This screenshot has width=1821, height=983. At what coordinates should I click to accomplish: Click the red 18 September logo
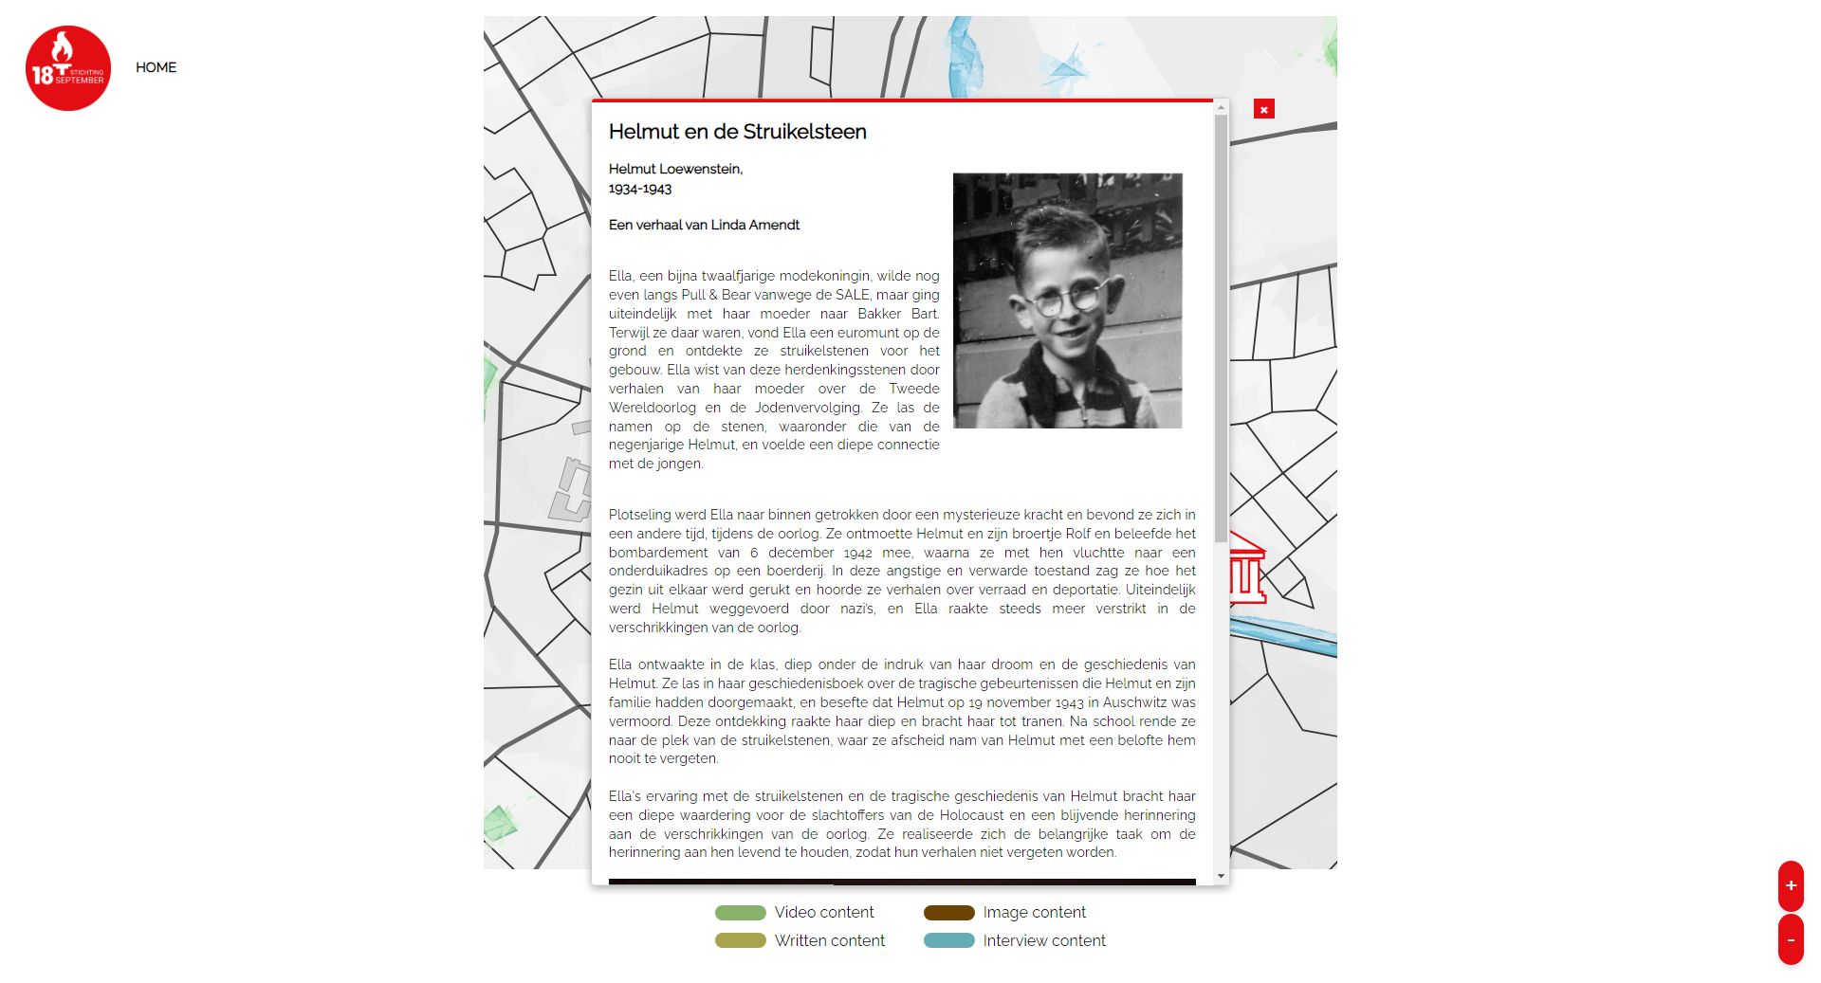click(x=68, y=68)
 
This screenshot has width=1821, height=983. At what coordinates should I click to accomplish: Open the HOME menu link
click(x=156, y=67)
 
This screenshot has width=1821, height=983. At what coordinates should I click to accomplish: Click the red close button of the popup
click(x=1263, y=109)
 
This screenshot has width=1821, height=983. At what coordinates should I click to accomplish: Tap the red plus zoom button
click(x=1790, y=885)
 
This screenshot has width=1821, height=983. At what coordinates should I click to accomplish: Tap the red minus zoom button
click(x=1790, y=939)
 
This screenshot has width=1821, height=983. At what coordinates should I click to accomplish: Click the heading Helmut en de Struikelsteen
click(x=737, y=132)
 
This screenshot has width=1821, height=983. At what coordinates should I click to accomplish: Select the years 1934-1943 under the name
click(x=640, y=189)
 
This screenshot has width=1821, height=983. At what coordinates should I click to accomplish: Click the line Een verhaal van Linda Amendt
click(x=704, y=225)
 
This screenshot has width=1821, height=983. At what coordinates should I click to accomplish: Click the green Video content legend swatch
click(x=740, y=913)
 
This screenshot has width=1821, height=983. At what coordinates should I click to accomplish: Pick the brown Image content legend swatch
click(x=948, y=913)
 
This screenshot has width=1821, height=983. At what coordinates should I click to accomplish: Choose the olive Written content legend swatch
click(x=740, y=940)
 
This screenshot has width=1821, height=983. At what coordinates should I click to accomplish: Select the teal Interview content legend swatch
click(x=948, y=940)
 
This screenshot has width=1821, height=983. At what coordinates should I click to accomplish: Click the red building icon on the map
click(x=1247, y=570)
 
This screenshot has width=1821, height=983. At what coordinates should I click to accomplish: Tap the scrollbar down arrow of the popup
click(x=1221, y=877)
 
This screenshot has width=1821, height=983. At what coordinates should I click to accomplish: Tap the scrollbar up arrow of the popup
click(x=1221, y=108)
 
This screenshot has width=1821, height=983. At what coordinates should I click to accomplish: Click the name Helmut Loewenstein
click(x=675, y=169)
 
